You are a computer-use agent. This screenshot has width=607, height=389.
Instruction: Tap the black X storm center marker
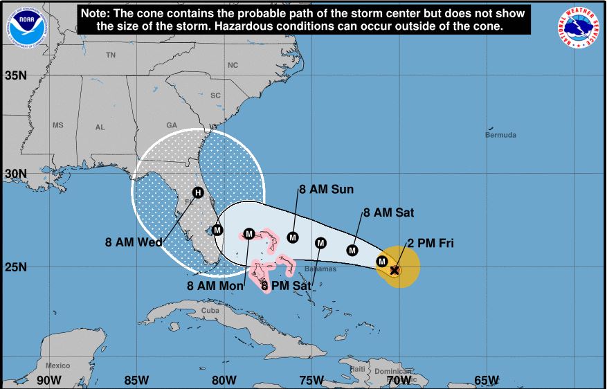click(395, 270)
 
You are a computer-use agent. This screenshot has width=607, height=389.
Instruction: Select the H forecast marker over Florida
click(197, 192)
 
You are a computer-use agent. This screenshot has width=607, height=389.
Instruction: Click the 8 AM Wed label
click(134, 242)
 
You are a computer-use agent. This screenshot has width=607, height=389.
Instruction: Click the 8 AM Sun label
click(326, 190)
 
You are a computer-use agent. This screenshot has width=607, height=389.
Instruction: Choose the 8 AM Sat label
click(388, 213)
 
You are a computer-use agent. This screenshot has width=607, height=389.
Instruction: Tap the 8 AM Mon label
click(215, 284)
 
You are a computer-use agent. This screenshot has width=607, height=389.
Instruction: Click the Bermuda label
click(500, 135)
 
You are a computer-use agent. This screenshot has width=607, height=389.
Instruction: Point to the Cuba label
click(210, 311)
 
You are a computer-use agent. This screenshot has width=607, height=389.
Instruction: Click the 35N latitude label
click(16, 75)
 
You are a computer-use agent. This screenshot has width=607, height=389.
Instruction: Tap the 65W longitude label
click(487, 380)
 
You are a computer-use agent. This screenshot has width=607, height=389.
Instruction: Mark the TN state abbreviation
click(111, 55)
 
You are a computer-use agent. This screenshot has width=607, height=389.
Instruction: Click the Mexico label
click(58, 365)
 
